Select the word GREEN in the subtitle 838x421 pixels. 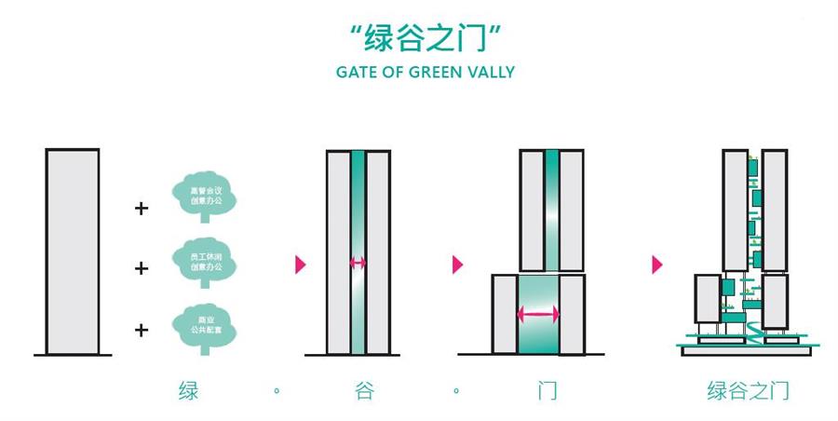439,72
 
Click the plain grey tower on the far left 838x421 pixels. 72,251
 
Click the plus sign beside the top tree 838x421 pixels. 142,209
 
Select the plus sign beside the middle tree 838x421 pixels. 142,269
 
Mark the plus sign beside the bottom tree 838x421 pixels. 142,330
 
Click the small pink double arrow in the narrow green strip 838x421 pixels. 358,264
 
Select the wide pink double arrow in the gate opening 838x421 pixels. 539,315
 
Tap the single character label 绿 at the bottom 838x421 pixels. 189,390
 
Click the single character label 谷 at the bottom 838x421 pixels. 364,390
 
